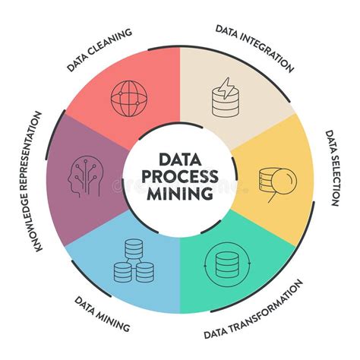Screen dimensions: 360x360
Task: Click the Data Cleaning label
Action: tap(99, 50)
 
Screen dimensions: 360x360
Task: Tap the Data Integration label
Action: tap(254, 49)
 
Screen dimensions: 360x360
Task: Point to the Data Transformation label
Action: tap(254, 309)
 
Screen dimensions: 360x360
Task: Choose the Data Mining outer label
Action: tap(102, 314)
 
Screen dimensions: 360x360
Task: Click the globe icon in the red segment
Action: tap(129, 99)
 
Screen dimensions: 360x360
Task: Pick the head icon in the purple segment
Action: tap(86, 176)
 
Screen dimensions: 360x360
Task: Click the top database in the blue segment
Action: tap(134, 248)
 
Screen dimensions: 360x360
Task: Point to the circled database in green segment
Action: tap(227, 264)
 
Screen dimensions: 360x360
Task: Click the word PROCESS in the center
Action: tap(179, 176)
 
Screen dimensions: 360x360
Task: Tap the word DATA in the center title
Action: tap(180, 159)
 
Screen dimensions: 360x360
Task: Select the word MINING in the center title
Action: tap(180, 194)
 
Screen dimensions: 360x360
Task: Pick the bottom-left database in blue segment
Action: tap(122, 273)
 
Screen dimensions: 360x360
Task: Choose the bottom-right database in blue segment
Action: tap(145, 273)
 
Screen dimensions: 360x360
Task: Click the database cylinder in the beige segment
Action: tap(225, 103)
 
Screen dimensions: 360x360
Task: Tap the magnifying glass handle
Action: tap(273, 198)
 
